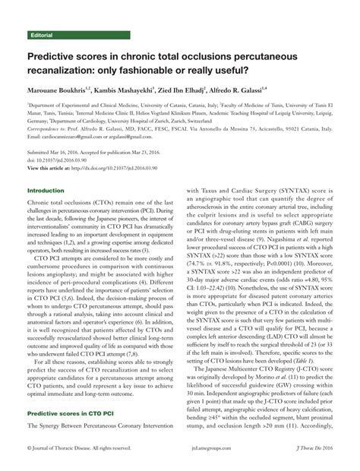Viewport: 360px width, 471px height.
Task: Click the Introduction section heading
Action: pyautogui.click(x=46, y=190)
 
